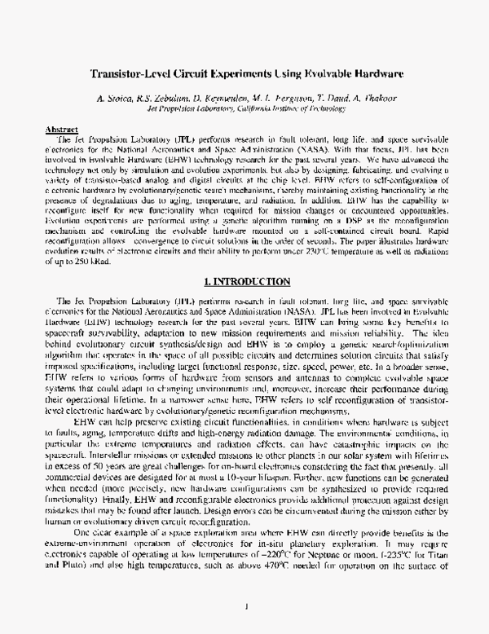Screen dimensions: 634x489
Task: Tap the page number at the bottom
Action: coord(245,607)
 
